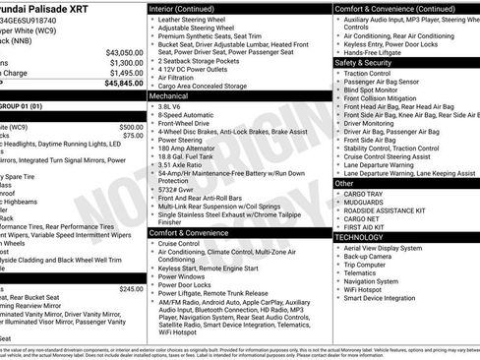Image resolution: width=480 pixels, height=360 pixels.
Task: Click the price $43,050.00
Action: [119, 52]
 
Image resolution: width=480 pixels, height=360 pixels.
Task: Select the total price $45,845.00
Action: [119, 84]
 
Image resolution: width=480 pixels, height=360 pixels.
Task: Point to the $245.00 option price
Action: [130, 289]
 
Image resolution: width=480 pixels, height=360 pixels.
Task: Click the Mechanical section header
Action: [173, 97]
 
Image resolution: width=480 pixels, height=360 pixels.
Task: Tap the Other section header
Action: [344, 182]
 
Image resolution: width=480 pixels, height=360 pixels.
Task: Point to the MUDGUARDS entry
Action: [370, 203]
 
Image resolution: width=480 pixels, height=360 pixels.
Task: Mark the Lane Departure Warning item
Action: [386, 164]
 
